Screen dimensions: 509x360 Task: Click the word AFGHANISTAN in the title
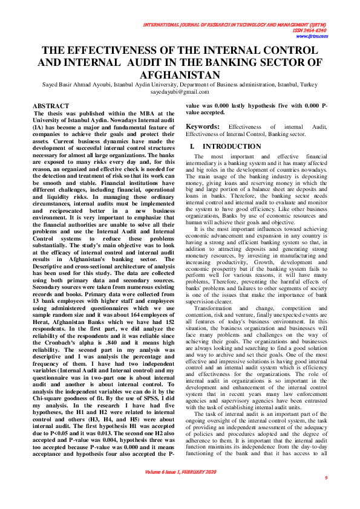point(180,75)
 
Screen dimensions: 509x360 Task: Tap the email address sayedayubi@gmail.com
point(180,92)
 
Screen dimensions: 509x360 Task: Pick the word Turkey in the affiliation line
point(308,85)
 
